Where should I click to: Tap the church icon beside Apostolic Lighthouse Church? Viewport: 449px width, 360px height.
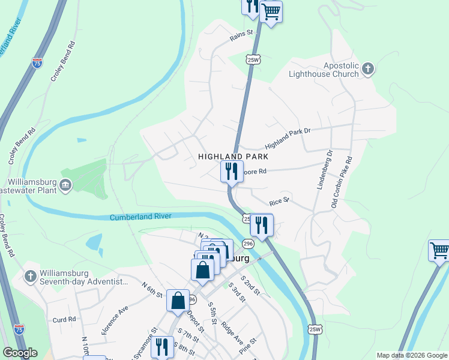[x=368, y=70]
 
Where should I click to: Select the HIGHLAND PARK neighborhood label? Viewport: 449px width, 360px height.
[x=232, y=156]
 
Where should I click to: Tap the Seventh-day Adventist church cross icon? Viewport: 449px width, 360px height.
[x=31, y=277]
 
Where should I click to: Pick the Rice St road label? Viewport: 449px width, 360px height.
[x=279, y=200]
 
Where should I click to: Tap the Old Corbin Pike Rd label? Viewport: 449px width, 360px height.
[x=342, y=183]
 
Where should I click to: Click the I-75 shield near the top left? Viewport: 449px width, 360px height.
[x=37, y=62]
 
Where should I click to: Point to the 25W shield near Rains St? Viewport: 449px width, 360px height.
[x=253, y=59]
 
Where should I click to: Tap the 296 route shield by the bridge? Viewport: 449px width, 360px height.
[x=248, y=243]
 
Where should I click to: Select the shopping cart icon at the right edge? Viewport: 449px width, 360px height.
[x=439, y=250]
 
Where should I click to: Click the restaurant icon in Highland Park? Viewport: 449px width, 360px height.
[x=232, y=171]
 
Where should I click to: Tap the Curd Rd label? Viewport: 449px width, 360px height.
[x=64, y=320]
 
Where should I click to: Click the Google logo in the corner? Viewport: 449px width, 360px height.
[x=20, y=353]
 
